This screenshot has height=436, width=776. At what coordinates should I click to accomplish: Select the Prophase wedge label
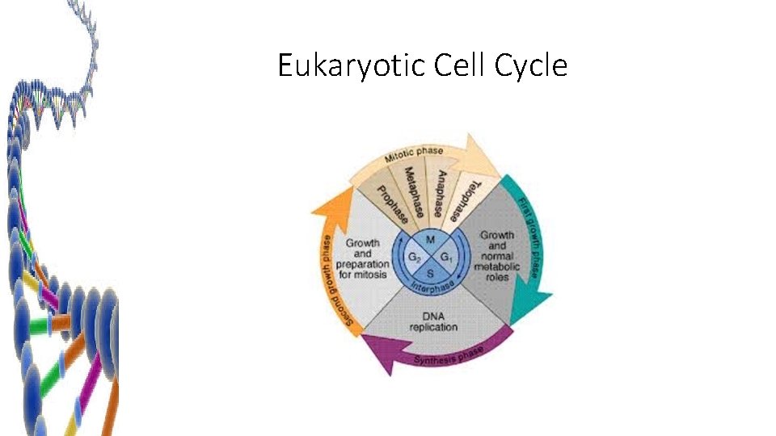(x=390, y=207)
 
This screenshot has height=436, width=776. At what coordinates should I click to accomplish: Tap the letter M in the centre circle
(x=430, y=241)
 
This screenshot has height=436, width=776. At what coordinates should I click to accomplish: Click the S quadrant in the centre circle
(x=430, y=274)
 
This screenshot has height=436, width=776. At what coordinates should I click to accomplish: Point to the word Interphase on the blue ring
(x=432, y=286)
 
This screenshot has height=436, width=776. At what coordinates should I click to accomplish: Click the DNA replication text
(x=433, y=321)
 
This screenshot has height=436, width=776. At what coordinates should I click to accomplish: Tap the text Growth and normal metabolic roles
(x=496, y=255)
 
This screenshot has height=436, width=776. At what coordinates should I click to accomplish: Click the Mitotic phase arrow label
(x=419, y=154)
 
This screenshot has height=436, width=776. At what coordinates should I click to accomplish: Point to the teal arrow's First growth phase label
(x=532, y=234)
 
